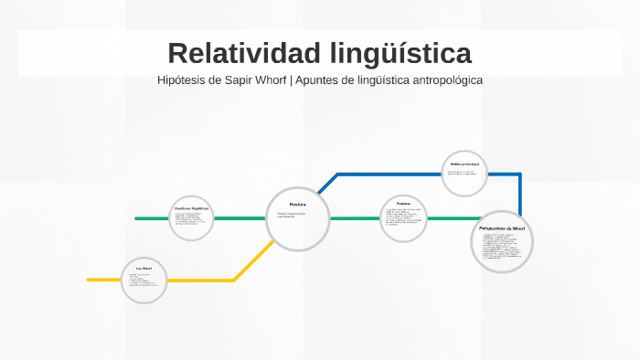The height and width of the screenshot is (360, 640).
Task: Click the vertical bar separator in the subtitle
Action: pyautogui.click(x=292, y=80)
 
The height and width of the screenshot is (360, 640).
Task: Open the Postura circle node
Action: pyautogui.click(x=297, y=218)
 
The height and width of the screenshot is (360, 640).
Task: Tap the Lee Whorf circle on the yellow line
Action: pyautogui.click(x=144, y=279)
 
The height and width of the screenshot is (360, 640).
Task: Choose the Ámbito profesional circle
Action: pyautogui.click(x=464, y=173)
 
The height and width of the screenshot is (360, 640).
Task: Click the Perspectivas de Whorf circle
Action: pyautogui.click(x=502, y=241)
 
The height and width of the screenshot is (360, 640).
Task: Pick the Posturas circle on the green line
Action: pyautogui.click(x=403, y=218)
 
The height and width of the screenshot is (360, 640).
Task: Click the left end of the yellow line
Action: pyautogui.click(x=90, y=280)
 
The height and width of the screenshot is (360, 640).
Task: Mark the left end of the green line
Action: pyautogui.click(x=137, y=218)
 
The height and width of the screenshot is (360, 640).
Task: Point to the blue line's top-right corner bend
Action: pyautogui.click(x=520, y=174)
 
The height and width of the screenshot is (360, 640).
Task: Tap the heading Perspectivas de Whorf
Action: pyautogui.click(x=502, y=228)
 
